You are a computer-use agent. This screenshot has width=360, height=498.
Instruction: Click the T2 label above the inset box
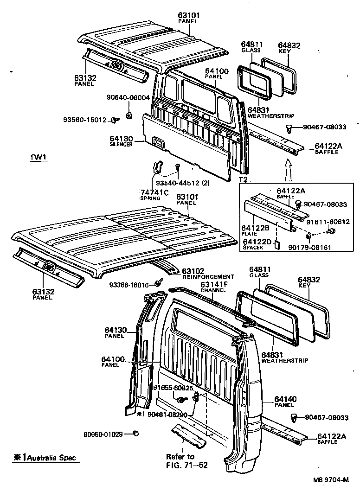(x=243, y=179)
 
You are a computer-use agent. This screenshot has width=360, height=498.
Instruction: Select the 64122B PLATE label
(x=254, y=230)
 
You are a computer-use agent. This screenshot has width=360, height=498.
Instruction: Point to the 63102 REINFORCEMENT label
(x=201, y=274)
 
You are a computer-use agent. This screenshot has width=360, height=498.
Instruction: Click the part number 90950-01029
(x=103, y=434)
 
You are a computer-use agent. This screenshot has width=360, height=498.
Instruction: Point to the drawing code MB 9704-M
(x=330, y=480)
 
